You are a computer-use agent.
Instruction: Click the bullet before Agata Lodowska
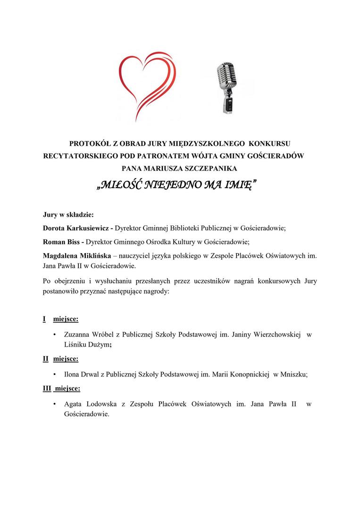click(x=55, y=404)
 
